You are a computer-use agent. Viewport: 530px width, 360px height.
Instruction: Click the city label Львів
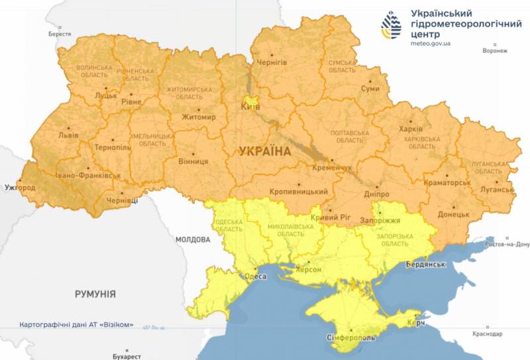(x=68, y=135)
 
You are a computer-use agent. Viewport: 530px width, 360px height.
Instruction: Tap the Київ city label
(x=250, y=106)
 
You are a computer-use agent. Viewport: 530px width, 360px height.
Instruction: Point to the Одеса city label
(x=256, y=276)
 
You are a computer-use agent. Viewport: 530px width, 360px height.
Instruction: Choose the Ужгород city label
(x=19, y=188)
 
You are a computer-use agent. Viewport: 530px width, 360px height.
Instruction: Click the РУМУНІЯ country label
(x=95, y=294)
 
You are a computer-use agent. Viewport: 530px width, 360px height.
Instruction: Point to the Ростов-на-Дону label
(x=507, y=245)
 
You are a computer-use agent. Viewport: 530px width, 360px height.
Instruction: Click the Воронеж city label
(x=494, y=51)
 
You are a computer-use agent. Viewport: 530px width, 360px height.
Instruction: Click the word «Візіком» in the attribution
(x=118, y=325)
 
